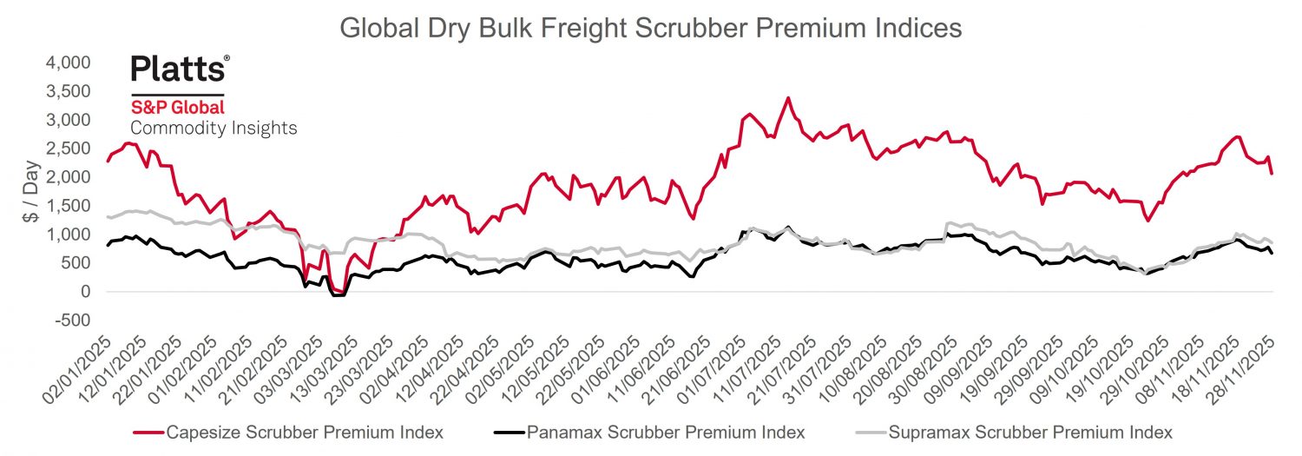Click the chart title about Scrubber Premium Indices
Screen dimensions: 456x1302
pos(650,28)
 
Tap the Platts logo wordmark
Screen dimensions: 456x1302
pos(180,69)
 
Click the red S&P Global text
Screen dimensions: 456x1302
pos(177,108)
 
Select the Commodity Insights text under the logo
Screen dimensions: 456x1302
pos(214,129)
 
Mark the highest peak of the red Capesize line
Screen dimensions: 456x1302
pos(787,98)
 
